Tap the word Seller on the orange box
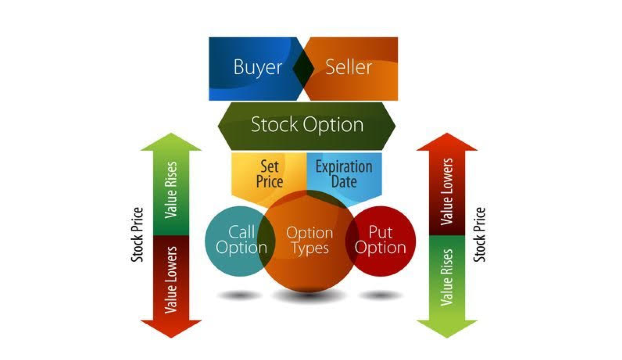click(x=349, y=67)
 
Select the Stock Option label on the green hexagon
click(x=307, y=125)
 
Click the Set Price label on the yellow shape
click(x=269, y=174)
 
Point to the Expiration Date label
click(x=344, y=174)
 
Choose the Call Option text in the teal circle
click(x=242, y=240)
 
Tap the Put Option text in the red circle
click(x=380, y=240)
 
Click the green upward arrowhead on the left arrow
click(x=171, y=142)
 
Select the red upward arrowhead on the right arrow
click(x=447, y=142)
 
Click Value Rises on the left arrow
click(x=171, y=190)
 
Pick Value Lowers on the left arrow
click(x=171, y=280)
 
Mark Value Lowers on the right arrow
click(x=447, y=191)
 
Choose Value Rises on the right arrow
click(x=447, y=278)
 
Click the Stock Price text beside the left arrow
click(x=137, y=235)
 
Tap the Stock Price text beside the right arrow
click(x=480, y=235)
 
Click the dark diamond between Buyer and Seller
click(x=303, y=68)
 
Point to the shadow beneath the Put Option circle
click(x=380, y=296)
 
